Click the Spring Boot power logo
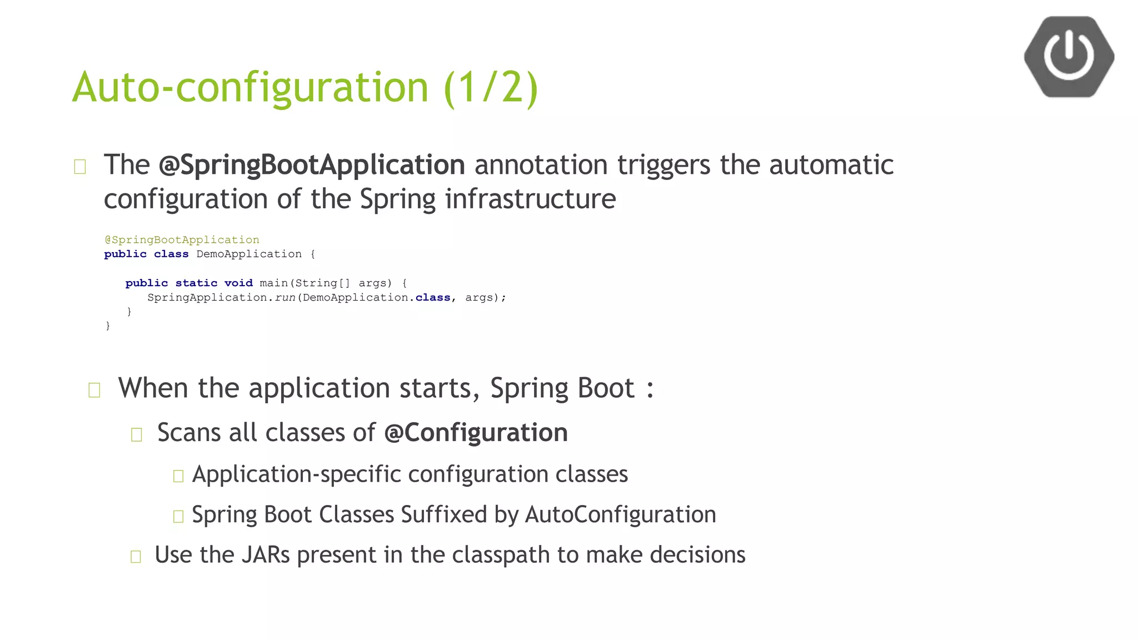coord(1069,57)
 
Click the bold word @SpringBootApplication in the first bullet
coord(312,165)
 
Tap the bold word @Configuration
coord(476,433)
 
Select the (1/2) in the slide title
coord(491,87)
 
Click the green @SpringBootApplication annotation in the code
coord(182,240)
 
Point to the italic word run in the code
coord(285,298)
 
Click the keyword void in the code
coord(238,283)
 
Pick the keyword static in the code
coord(196,283)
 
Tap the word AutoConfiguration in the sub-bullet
coord(620,514)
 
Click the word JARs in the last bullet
coord(266,555)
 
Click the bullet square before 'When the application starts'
coord(94,390)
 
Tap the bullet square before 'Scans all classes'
coord(137,434)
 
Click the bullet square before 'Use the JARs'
coord(136,557)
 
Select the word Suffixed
coord(444,514)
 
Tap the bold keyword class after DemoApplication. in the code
coord(433,298)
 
